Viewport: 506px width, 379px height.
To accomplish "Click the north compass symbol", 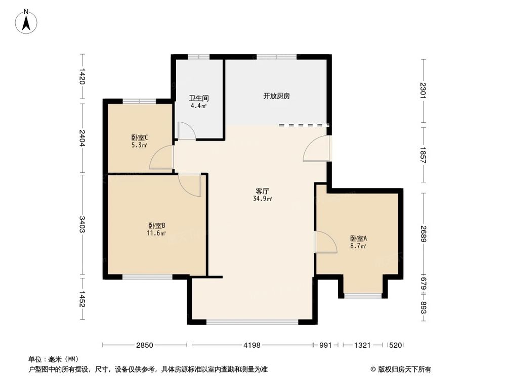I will pyautogui.click(x=26, y=21).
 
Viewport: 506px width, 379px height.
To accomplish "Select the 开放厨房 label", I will pyautogui.click(x=276, y=96).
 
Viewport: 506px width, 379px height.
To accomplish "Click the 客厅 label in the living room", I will pyautogui.click(x=262, y=191).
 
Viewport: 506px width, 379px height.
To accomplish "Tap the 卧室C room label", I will pyautogui.click(x=139, y=137).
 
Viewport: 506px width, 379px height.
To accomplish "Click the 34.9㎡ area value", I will pyautogui.click(x=263, y=199).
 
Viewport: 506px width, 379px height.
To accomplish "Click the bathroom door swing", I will pyautogui.click(x=186, y=131).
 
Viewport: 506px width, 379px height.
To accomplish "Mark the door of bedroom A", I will pyautogui.click(x=325, y=242).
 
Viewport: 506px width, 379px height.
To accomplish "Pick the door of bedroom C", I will pyautogui.click(x=162, y=158).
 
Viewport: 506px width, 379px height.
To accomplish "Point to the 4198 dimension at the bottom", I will pyautogui.click(x=251, y=345).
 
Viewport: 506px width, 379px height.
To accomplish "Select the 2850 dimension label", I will pyautogui.click(x=144, y=345).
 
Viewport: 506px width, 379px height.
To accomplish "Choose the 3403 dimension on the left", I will pyautogui.click(x=82, y=225).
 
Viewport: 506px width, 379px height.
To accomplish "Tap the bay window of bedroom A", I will pyautogui.click(x=363, y=295).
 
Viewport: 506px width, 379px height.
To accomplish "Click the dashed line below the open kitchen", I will pyautogui.click(x=304, y=125).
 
